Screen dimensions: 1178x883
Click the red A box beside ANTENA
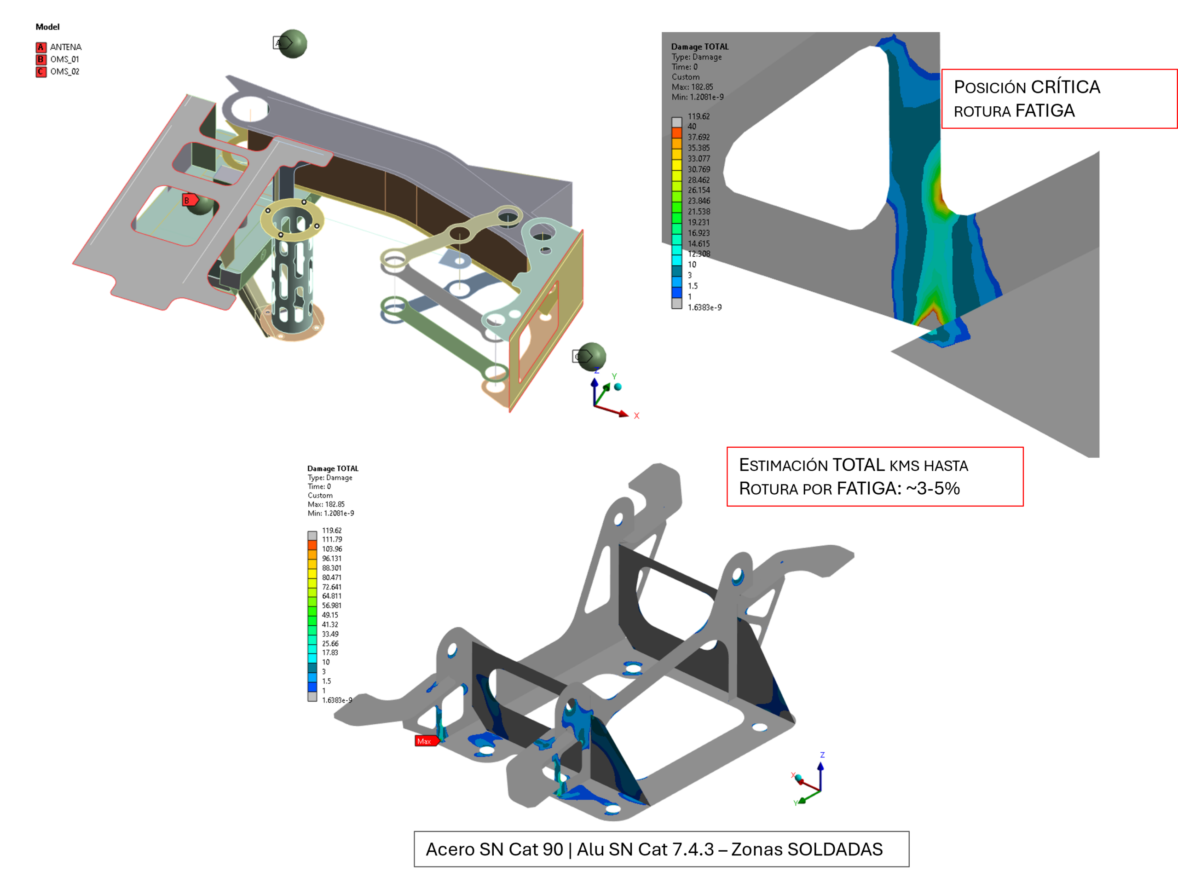tap(40, 47)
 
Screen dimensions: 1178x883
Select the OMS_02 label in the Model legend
tap(65, 72)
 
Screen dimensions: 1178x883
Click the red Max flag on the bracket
tap(427, 741)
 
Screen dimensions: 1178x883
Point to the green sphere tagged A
tap(293, 44)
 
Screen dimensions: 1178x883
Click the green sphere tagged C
tap(591, 357)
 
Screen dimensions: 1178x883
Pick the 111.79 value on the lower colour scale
tap(332, 539)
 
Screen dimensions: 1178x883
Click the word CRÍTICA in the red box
tap(1065, 87)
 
